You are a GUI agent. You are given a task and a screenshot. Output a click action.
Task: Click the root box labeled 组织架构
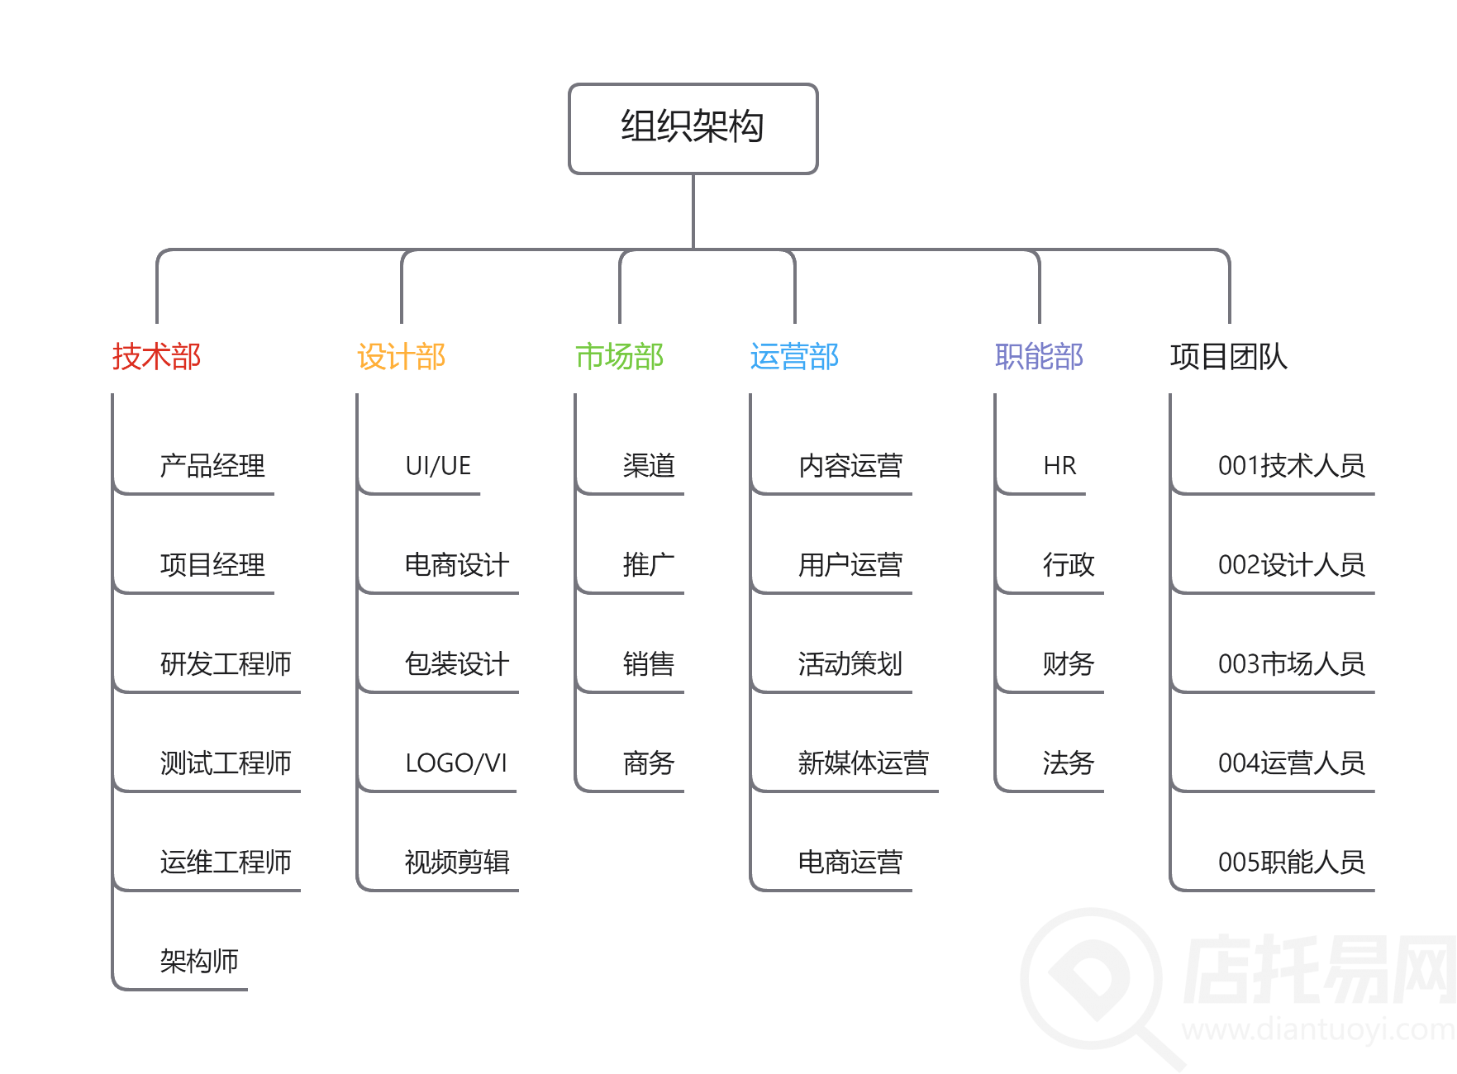click(693, 128)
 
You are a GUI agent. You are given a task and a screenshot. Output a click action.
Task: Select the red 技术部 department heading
click(156, 357)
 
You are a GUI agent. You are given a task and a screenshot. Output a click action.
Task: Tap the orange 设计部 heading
click(401, 357)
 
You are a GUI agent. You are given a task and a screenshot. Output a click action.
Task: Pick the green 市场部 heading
click(619, 357)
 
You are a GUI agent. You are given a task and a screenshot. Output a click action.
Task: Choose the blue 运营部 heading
click(793, 357)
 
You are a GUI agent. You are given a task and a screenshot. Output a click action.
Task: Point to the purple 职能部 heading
click(1039, 357)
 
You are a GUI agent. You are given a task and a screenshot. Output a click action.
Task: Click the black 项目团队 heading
click(1228, 357)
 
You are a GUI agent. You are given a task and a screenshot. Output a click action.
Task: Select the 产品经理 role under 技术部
click(212, 466)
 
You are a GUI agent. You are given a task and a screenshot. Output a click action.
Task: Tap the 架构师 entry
click(199, 961)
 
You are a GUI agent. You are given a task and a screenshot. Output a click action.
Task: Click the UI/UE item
click(438, 466)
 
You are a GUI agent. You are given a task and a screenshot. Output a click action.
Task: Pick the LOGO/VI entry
click(456, 763)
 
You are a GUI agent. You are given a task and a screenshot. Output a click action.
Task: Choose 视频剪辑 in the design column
click(457, 862)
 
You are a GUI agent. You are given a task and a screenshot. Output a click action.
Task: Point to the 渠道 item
click(649, 466)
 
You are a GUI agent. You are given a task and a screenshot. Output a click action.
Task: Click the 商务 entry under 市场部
click(649, 763)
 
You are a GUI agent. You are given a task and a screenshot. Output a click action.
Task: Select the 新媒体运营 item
click(863, 763)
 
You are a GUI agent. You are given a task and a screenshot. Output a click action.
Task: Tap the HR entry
click(1059, 466)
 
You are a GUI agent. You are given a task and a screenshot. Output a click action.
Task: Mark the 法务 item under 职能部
click(1068, 763)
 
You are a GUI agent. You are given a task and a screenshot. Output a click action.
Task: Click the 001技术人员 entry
click(1291, 466)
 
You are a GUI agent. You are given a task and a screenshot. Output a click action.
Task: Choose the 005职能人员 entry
click(1291, 862)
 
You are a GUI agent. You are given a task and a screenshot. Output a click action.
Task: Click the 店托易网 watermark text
click(1317, 971)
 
